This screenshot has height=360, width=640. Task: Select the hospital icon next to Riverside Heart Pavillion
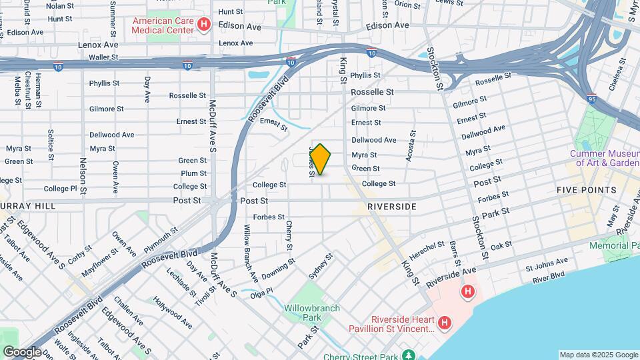[445, 324]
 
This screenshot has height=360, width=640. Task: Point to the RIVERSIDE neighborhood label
[392, 207]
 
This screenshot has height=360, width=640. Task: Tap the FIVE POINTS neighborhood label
[587, 190]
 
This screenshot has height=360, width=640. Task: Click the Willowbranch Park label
[312, 313]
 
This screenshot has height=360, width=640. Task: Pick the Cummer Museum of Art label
[604, 158]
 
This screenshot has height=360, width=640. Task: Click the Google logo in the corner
[22, 352]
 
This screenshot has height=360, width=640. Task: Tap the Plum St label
[193, 173]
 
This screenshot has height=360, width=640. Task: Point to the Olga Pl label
[261, 291]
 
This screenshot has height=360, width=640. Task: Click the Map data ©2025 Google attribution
[598, 355]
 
